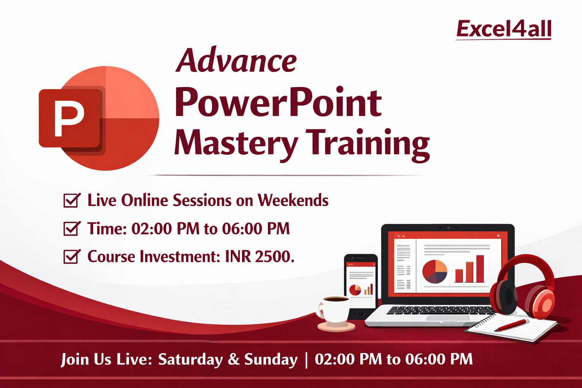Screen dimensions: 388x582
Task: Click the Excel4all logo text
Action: click(x=504, y=29)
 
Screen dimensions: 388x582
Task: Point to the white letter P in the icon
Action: click(x=69, y=118)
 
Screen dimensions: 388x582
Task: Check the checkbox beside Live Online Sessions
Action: click(x=71, y=200)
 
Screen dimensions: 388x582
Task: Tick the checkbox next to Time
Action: click(x=71, y=228)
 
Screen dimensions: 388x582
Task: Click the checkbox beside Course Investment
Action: click(x=71, y=257)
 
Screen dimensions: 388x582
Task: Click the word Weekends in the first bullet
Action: click(x=293, y=200)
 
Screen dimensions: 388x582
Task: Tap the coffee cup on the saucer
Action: click(x=335, y=309)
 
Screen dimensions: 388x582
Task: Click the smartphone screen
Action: click(x=361, y=282)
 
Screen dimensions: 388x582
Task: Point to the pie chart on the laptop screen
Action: click(x=435, y=272)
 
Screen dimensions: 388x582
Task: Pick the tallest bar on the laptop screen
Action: click(x=480, y=269)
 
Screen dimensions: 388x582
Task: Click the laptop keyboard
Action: click(x=440, y=310)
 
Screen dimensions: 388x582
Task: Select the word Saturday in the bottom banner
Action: click(x=190, y=359)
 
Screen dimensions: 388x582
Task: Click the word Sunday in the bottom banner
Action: click(x=271, y=359)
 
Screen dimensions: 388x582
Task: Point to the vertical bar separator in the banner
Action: click(x=306, y=359)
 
